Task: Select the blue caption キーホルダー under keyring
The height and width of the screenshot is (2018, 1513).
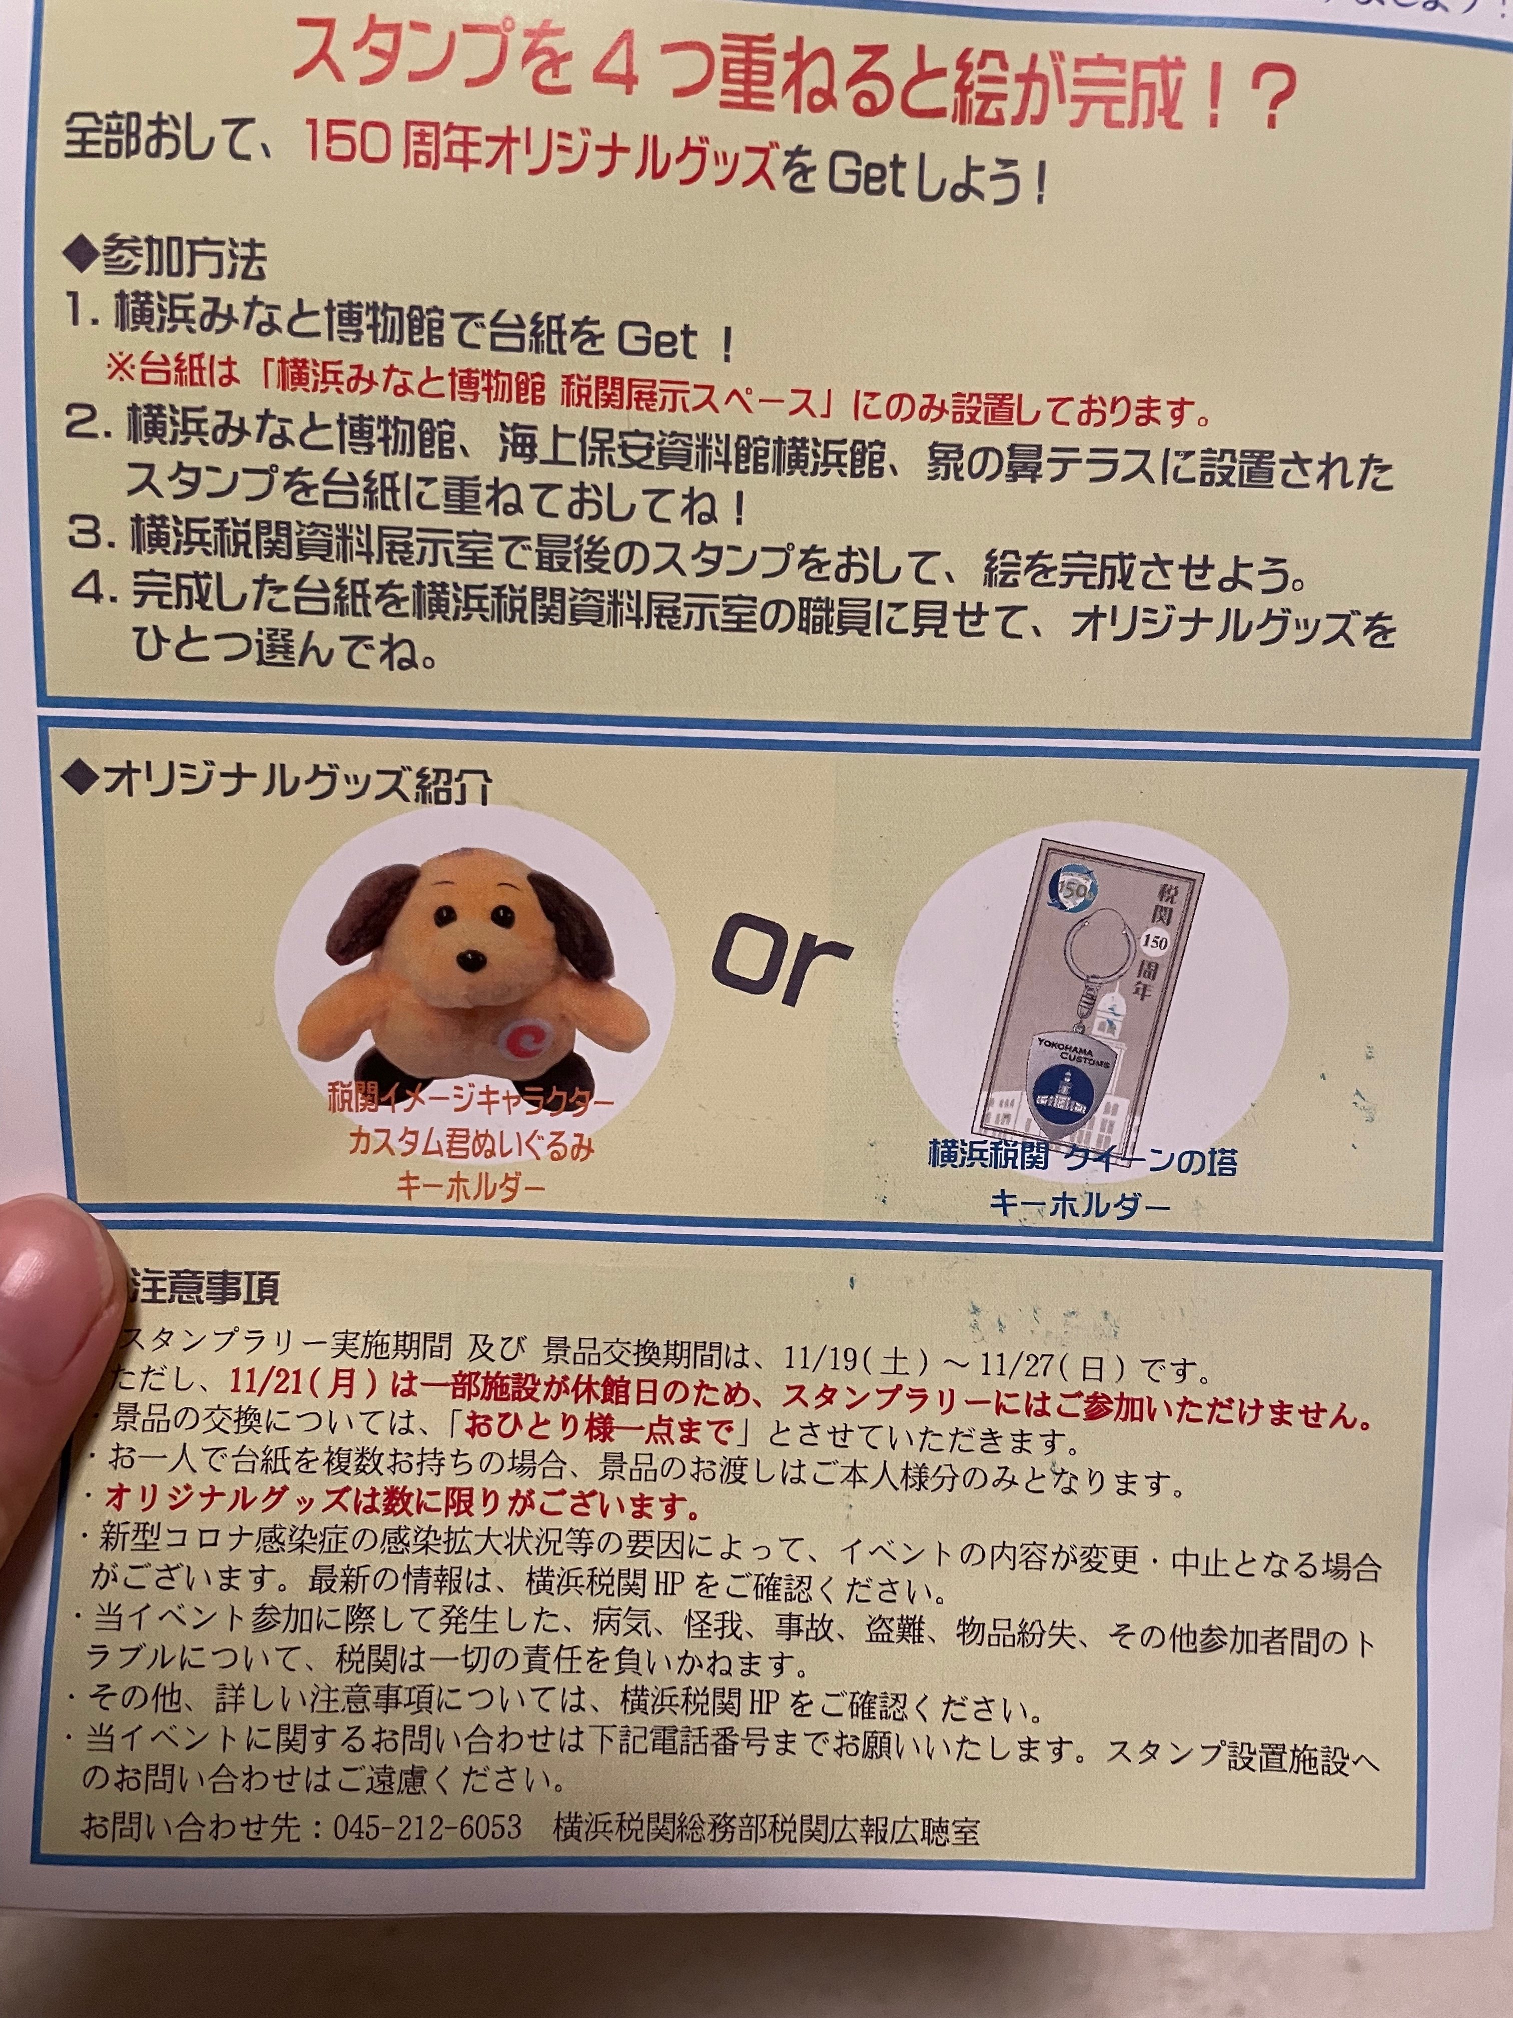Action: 1080,1207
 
